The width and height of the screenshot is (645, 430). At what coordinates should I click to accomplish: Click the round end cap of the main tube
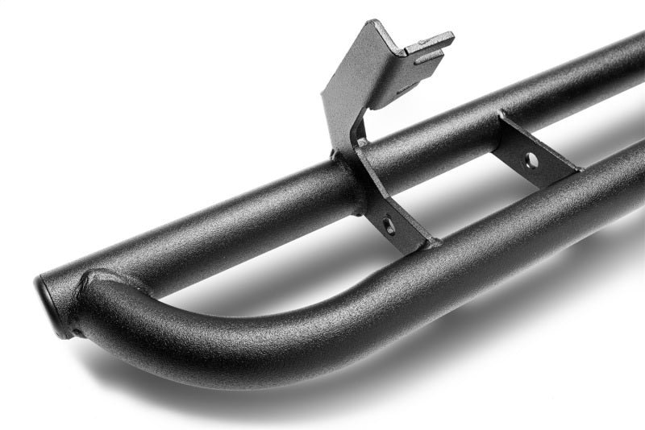[x=51, y=304]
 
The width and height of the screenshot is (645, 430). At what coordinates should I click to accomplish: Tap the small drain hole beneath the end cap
[x=75, y=331]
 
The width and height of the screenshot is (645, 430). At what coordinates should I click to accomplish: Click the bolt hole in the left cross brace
[x=389, y=225]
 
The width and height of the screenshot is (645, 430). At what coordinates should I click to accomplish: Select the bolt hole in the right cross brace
[x=531, y=160]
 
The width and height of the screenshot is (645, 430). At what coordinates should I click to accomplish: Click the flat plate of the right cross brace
[x=536, y=153]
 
